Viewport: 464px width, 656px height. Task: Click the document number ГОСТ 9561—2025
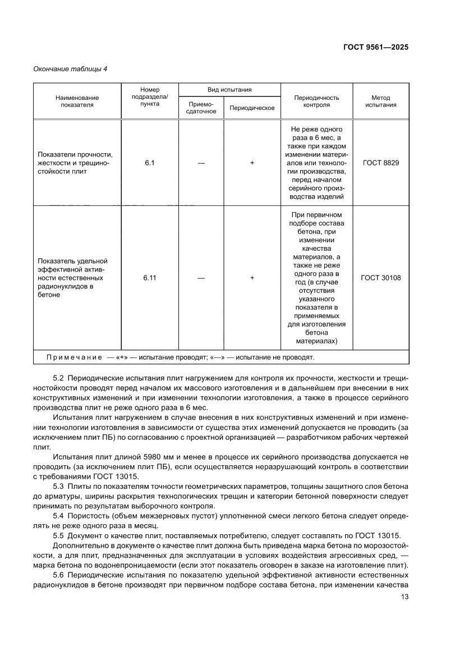[x=375, y=47]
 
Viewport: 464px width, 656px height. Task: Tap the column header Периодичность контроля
[x=316, y=101]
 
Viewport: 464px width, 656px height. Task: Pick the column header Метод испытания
[x=381, y=101]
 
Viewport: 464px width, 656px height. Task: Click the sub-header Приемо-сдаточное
[x=201, y=108]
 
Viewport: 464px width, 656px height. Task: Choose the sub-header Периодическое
[x=252, y=108]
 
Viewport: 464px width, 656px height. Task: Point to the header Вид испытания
[x=229, y=89]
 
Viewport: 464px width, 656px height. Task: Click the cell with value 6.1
[x=149, y=163]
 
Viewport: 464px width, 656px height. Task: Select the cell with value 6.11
[x=149, y=277]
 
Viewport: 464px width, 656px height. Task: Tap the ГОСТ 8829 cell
[x=381, y=163]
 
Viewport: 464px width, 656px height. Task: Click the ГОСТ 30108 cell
[x=381, y=277]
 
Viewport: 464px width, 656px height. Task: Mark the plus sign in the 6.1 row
[x=252, y=163]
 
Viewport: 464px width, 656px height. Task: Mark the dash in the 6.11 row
[x=201, y=277]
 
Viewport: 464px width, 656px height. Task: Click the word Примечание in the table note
[x=74, y=357]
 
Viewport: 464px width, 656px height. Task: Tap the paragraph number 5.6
[x=59, y=576]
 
